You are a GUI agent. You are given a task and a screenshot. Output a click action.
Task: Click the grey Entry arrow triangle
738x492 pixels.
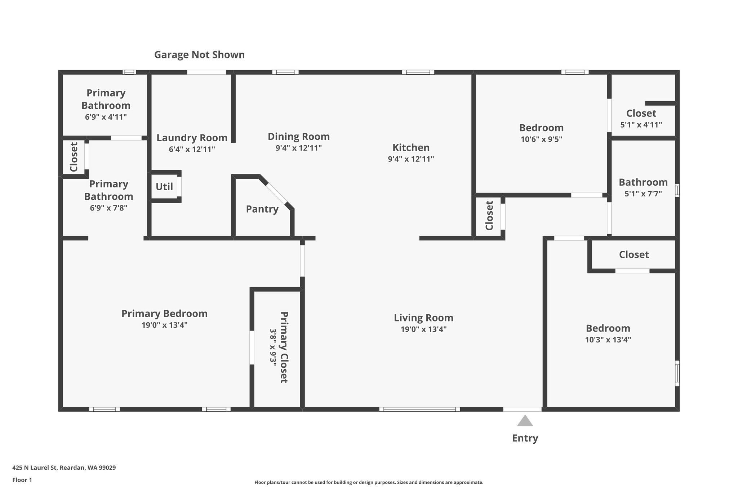(x=525, y=421)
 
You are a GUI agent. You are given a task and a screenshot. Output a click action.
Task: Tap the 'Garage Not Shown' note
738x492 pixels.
(x=199, y=55)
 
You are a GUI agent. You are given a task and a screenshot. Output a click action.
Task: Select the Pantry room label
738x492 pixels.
(x=262, y=209)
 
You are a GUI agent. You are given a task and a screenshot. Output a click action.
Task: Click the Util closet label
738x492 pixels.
(x=164, y=187)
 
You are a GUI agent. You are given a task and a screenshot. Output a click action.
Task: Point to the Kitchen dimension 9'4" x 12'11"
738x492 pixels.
(x=411, y=159)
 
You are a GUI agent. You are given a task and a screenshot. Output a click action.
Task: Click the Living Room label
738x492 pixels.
(x=423, y=318)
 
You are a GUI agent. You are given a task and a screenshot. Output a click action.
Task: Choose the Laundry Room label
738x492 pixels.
(x=192, y=138)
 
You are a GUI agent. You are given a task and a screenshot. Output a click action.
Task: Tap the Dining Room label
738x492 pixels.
(x=299, y=137)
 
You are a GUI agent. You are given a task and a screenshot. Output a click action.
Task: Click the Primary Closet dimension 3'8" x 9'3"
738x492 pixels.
(x=273, y=347)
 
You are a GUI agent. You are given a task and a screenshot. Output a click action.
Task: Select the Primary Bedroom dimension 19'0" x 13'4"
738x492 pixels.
(x=164, y=325)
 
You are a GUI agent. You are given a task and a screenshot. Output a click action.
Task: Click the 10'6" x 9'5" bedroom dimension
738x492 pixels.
(x=541, y=139)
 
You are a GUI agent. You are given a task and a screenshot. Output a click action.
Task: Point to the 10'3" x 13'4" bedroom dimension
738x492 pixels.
(x=608, y=340)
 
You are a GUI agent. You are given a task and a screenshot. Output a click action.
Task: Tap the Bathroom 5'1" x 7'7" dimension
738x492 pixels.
(x=643, y=194)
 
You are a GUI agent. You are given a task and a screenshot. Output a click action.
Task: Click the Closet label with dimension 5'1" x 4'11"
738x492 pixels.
(x=641, y=113)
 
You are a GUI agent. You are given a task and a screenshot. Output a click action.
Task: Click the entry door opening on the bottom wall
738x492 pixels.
(x=523, y=409)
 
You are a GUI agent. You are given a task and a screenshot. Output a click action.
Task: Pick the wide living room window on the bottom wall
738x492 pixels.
(x=419, y=409)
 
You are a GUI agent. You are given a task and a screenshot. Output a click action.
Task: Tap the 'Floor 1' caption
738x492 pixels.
(x=22, y=480)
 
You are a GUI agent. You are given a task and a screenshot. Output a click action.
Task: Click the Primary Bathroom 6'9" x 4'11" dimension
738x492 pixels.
(x=106, y=117)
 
